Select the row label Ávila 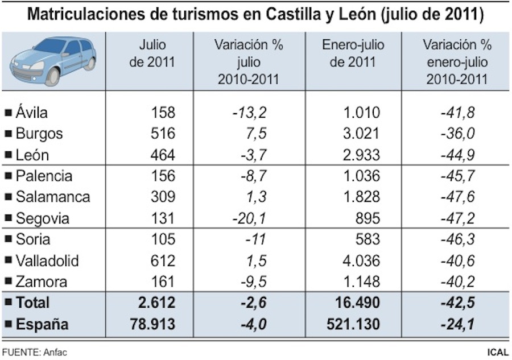[x=32, y=112]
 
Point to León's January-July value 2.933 [x=360, y=155]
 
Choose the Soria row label [x=33, y=239]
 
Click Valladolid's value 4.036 [x=360, y=261]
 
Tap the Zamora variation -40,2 [x=457, y=282]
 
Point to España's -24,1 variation [x=457, y=324]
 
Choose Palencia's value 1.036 [x=360, y=176]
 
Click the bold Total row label [x=33, y=303]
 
